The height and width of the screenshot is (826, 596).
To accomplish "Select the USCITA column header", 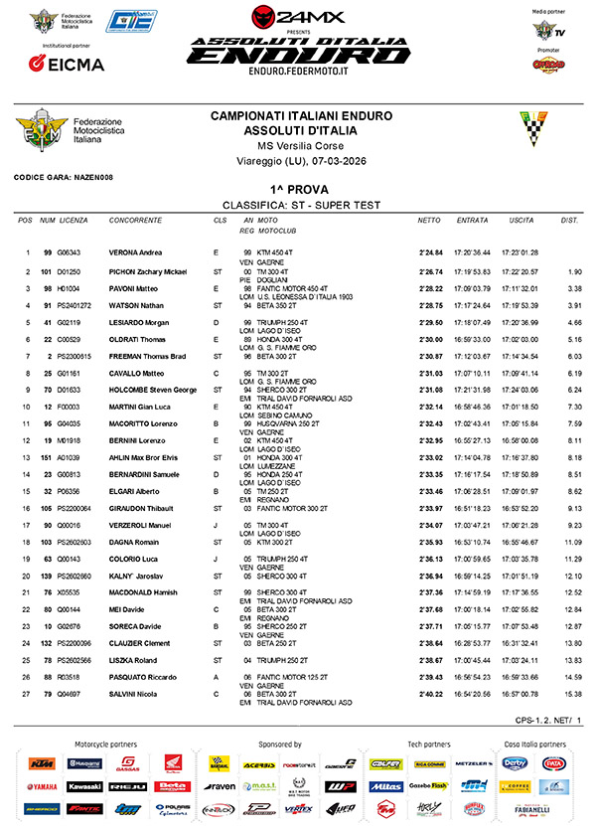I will (x=521, y=220).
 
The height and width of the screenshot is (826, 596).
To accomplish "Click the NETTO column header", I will (x=429, y=220).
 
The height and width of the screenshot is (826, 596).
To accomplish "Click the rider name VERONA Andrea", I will (x=137, y=252).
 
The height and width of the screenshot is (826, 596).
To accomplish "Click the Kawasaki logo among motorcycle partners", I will (x=83, y=785).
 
